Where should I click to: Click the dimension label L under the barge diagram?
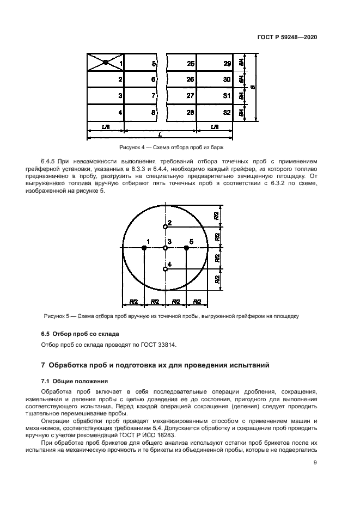159,134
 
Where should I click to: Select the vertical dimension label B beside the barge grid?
253,87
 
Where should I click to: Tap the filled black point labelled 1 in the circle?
144,248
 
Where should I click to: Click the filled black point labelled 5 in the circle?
186,248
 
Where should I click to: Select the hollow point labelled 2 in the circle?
165,226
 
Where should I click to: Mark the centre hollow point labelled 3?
165,248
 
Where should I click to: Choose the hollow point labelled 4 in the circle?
165,269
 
